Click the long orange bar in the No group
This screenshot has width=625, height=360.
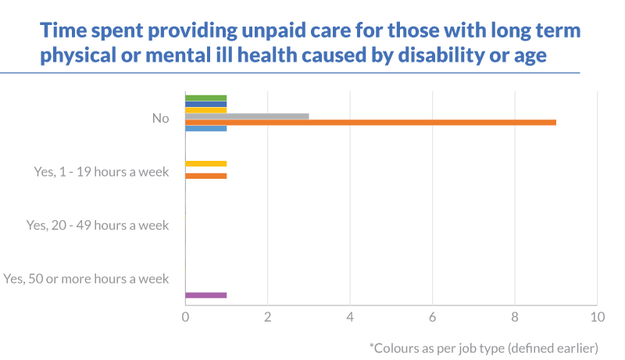370,122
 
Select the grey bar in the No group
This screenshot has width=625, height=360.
247,116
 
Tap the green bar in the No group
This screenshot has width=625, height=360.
205,98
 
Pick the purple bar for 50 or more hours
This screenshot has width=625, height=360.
205,295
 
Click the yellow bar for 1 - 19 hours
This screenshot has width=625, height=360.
205,163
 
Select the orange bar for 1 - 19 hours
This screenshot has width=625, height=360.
205,176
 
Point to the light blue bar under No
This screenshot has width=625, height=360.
205,128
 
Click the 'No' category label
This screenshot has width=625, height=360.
161,119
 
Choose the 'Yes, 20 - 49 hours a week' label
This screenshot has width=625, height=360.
98,225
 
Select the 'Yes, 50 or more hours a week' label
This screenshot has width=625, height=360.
86,278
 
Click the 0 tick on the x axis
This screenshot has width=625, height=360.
185,317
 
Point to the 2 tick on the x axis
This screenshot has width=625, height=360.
267,317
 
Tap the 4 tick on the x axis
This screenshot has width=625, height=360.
350,317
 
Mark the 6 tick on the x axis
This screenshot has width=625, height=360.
432,317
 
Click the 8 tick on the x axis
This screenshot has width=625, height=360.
514,317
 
